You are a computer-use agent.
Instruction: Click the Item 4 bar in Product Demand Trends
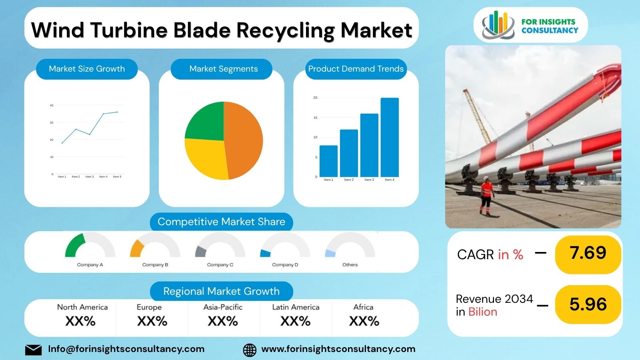click(x=389, y=137)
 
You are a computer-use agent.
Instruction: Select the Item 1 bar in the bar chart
click(x=328, y=161)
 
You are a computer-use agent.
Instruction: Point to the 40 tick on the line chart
click(x=52, y=106)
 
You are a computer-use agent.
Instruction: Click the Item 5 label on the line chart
click(x=117, y=176)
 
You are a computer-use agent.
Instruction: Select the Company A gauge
click(x=90, y=246)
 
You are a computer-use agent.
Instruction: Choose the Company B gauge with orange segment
click(x=155, y=246)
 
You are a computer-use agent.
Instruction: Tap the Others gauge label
click(x=350, y=265)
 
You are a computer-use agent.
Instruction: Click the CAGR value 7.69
click(x=588, y=253)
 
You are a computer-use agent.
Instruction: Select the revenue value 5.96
click(x=588, y=304)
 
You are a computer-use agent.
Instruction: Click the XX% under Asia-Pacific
click(x=223, y=321)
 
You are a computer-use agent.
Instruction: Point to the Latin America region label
click(x=296, y=307)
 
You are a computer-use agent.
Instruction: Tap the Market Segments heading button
click(x=223, y=69)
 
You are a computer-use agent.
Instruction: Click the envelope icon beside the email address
click(x=33, y=350)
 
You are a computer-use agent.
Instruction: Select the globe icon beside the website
click(x=250, y=350)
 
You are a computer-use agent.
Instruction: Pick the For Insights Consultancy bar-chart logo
click(x=498, y=25)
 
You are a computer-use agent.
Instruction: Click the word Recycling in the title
click(x=285, y=30)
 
